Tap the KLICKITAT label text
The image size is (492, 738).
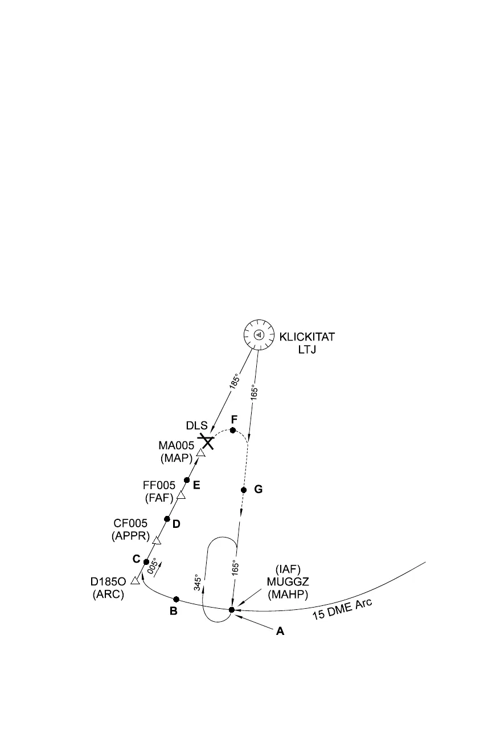306,337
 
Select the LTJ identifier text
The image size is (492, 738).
306,349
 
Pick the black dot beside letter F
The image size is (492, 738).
232,430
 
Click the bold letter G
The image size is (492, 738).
258,489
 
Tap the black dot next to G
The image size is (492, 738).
244,490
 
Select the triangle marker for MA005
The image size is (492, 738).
200,453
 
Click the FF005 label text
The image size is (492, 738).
159,485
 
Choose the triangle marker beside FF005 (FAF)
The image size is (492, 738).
181,495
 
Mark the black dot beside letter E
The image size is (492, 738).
187,480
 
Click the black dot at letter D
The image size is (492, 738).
167,519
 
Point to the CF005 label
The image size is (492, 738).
130,524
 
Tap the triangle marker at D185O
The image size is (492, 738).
135,581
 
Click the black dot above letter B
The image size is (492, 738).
177,599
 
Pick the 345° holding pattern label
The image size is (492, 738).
198,582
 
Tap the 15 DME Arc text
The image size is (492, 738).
342,609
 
